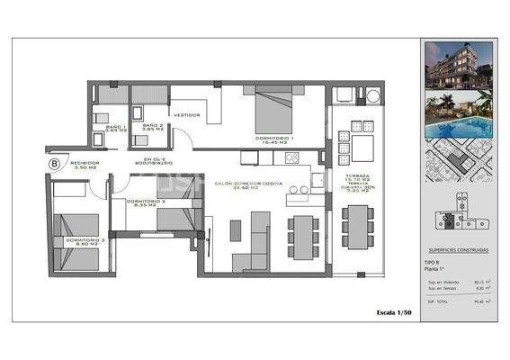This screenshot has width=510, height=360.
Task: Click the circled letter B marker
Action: pyautogui.click(x=55, y=164)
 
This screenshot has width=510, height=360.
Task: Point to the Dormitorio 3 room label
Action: pyautogui.click(x=67, y=240)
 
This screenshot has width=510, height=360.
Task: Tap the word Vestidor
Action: pyautogui.click(x=186, y=115)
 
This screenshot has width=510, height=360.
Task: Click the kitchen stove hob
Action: pyautogui.click(x=291, y=158)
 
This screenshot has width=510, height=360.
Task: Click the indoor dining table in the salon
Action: pyautogui.click(x=303, y=232)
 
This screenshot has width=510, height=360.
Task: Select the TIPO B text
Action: pyautogui.click(x=434, y=262)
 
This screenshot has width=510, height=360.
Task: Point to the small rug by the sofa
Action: pyautogui.click(x=236, y=230)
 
